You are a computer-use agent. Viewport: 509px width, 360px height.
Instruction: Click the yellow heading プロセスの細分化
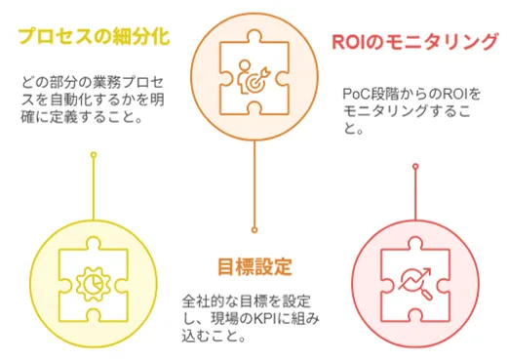[95, 36]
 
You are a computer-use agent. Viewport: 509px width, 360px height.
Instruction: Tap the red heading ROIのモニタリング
[415, 42]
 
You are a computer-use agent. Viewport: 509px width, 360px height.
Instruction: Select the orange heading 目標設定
[254, 266]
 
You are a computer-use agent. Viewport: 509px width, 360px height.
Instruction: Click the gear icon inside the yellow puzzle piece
[94, 283]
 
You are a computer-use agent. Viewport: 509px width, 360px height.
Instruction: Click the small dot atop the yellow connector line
[94, 155]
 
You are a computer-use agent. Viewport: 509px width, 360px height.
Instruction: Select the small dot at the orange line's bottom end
[254, 230]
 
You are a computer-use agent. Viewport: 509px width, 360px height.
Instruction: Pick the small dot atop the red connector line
[415, 167]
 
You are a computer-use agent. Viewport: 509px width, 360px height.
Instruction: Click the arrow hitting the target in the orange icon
[262, 73]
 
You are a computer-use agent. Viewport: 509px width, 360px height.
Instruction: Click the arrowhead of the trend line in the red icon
[427, 271]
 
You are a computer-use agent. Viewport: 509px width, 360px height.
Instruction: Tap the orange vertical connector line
[254, 183]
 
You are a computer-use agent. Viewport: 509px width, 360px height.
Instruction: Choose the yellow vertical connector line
[94, 188]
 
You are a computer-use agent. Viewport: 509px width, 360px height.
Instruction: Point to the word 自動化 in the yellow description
[71, 100]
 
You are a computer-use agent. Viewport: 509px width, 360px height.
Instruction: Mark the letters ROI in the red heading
[349, 42]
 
